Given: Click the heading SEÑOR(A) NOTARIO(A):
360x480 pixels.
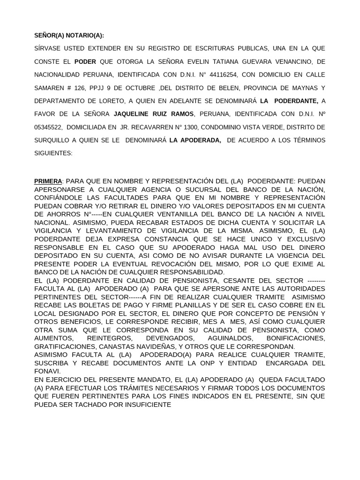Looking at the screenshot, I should (x=69, y=35).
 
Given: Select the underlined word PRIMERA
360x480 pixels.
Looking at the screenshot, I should (x=48, y=181).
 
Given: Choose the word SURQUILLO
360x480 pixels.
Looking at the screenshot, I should (x=52, y=140).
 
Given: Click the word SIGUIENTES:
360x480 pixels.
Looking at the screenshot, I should (x=53, y=153).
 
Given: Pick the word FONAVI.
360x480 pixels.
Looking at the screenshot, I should (x=47, y=371).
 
